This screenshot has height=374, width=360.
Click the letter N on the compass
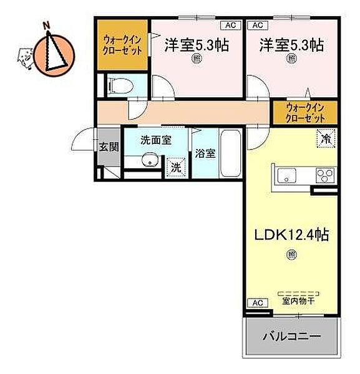pos(46,26)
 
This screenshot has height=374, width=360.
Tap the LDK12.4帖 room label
pos(291,235)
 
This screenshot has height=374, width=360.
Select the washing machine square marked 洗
pos(177,167)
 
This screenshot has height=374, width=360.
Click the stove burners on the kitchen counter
pos(324,175)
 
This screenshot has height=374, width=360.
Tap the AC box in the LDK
pos(255,303)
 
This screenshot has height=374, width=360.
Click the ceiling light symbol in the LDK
pos(291,254)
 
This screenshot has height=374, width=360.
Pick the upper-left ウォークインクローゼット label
pos(122,43)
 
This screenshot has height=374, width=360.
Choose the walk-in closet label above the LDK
pos(306,112)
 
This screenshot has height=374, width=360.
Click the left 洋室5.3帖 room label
pos(195,45)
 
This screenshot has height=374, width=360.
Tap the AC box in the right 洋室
pos(256,26)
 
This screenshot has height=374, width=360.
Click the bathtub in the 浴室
pos(231,153)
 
